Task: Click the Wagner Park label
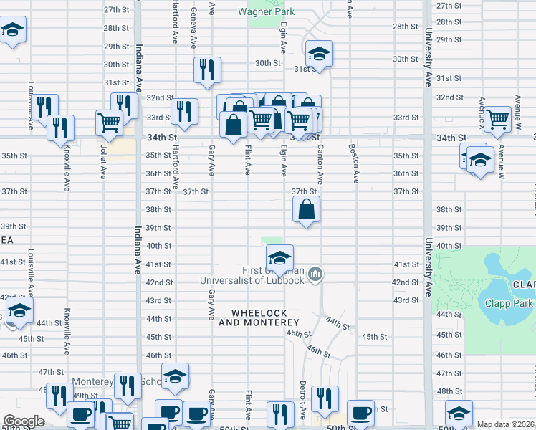click(267, 12)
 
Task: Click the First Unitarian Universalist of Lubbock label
click(274, 274)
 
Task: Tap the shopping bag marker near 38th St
click(306, 210)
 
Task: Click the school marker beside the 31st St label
click(319, 54)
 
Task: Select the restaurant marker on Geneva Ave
click(206, 70)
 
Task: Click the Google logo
click(24, 421)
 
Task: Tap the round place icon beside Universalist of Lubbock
click(316, 273)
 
